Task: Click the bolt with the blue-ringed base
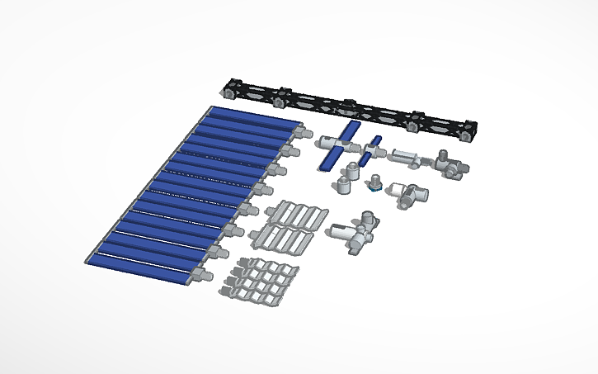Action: click(374, 183)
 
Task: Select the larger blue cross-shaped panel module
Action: click(339, 145)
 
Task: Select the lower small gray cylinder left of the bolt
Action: click(342, 184)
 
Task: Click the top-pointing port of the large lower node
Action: click(365, 218)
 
